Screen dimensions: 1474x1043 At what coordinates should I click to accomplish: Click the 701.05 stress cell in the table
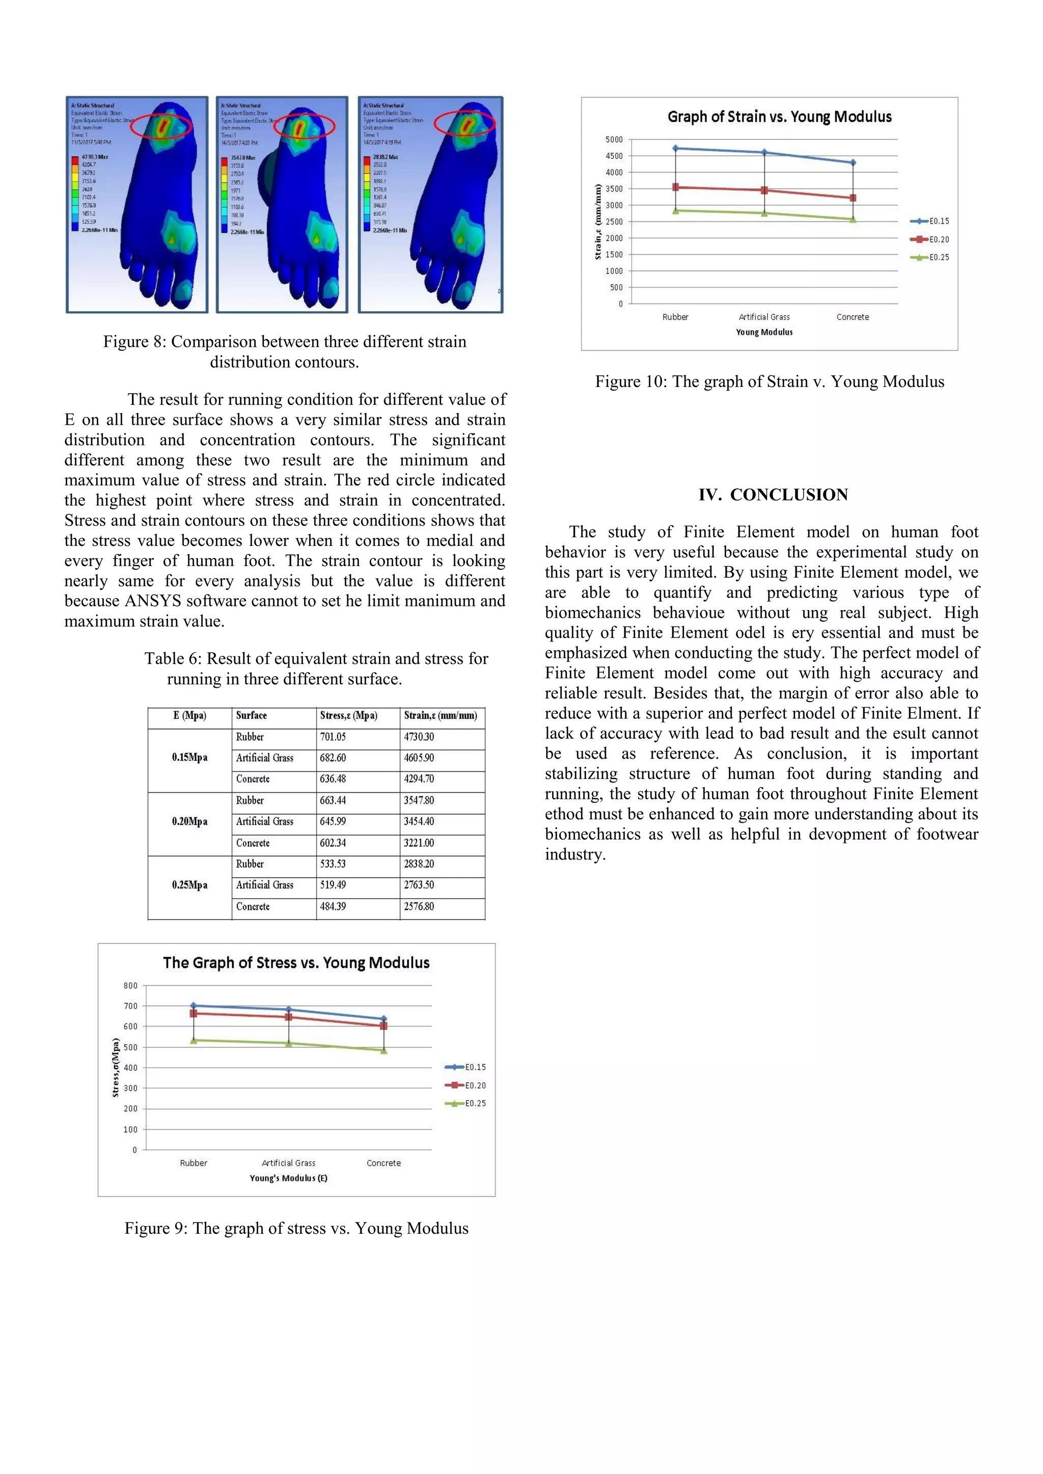pos(333,737)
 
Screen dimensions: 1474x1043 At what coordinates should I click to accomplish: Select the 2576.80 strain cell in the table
pos(419,906)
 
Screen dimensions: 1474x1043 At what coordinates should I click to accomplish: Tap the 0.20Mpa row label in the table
pos(189,822)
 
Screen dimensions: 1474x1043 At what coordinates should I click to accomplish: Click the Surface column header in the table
pos(251,715)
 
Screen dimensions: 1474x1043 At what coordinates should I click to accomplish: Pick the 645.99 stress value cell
pos(333,822)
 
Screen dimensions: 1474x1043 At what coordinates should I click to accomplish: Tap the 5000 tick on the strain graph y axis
pos(614,140)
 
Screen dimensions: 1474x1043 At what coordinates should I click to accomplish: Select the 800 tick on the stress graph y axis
pos(130,985)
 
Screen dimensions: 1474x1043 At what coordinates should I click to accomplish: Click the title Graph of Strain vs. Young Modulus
pos(779,117)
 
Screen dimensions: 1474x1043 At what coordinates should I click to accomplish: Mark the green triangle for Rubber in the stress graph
pos(194,1040)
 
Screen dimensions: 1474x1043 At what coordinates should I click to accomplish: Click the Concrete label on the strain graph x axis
pos(852,317)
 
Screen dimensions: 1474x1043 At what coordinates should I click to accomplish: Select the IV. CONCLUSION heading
pos(773,495)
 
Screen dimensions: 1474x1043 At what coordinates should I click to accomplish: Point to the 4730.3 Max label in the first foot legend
pos(95,157)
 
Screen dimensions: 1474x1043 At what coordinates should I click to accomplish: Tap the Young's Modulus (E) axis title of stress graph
pos(288,1178)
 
